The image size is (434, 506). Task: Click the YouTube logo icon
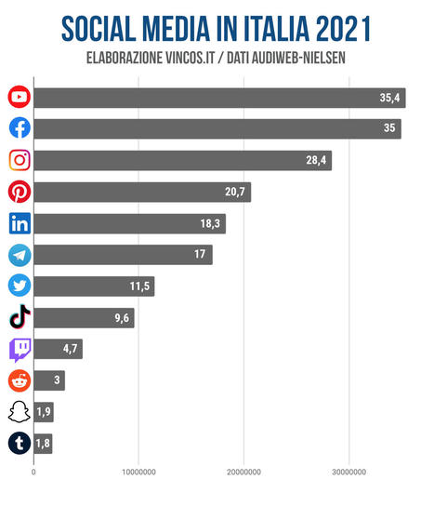click(x=19, y=97)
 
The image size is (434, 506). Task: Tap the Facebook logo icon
click(x=19, y=128)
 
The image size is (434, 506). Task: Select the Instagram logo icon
click(x=19, y=160)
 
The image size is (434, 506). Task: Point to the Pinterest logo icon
click(x=19, y=192)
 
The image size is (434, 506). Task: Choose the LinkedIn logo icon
click(x=19, y=223)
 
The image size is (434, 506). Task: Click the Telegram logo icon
click(x=19, y=255)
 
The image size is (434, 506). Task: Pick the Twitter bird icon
click(x=19, y=286)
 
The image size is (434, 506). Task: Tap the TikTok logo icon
click(x=19, y=318)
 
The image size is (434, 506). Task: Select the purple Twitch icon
click(x=19, y=350)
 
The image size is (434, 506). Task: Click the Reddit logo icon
click(x=19, y=380)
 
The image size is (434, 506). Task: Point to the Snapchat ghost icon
click(x=19, y=412)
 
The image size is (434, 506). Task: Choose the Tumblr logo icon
click(x=19, y=444)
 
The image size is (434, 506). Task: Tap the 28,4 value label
click(x=316, y=161)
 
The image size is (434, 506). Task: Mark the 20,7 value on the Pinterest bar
click(x=235, y=193)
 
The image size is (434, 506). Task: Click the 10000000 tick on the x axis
click(x=138, y=471)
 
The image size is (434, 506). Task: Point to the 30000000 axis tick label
click(x=349, y=471)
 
